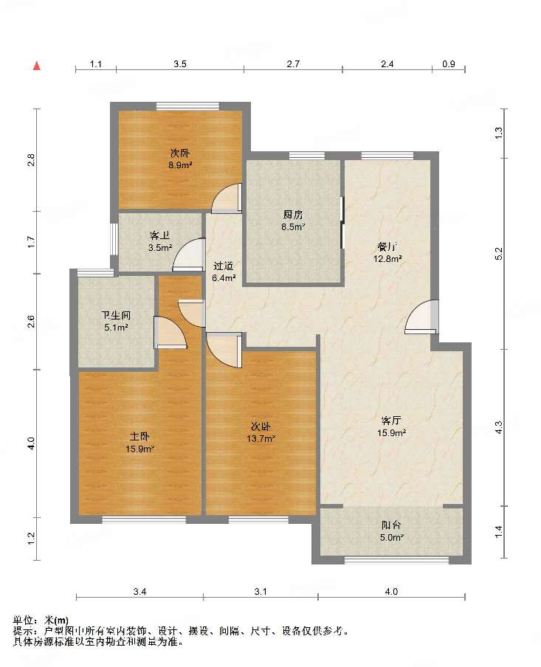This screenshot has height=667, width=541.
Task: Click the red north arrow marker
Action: point(37,66)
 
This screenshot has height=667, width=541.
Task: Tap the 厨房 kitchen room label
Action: point(293,215)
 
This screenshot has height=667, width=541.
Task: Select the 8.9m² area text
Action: point(180,165)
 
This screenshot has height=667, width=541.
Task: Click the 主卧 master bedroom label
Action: point(139,437)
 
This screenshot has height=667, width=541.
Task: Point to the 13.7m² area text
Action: point(261,438)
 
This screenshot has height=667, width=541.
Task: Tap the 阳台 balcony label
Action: point(390,525)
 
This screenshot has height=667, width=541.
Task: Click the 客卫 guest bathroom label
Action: point(159,235)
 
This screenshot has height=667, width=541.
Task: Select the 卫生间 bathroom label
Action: point(116,316)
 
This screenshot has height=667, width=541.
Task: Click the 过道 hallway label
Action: point(224,266)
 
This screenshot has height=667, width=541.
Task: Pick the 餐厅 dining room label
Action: point(387,246)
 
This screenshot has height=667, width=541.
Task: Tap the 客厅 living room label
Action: point(390,421)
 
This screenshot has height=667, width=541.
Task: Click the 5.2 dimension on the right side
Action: point(499,254)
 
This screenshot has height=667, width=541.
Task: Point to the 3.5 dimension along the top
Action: point(180,64)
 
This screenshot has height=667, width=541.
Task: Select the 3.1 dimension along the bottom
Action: point(261,592)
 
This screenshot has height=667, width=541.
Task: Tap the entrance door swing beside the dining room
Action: point(421,316)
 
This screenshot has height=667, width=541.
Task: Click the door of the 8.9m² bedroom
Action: point(227,198)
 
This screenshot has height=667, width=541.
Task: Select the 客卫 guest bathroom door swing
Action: point(188,255)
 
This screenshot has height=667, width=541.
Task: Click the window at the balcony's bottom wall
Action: point(396,560)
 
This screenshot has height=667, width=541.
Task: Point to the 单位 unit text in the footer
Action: point(24,621)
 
